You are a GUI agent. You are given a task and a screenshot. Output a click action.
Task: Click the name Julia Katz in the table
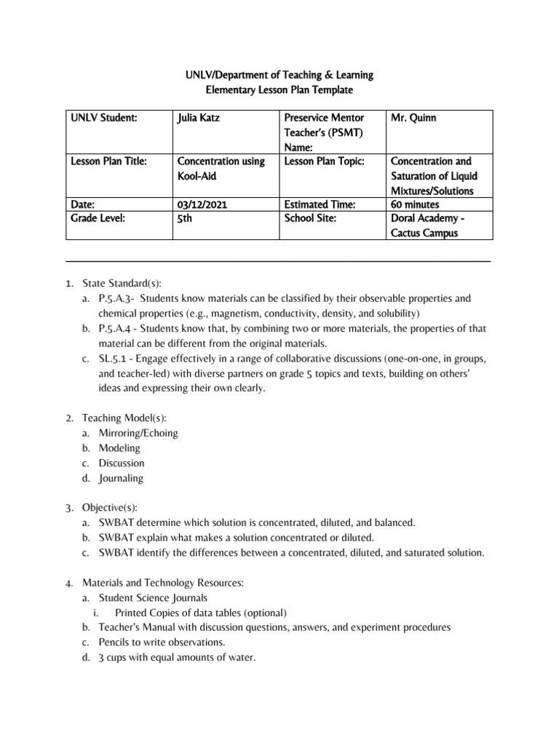(199, 117)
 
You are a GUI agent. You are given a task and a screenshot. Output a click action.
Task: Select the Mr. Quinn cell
(414, 117)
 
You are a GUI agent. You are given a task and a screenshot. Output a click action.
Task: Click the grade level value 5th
(185, 218)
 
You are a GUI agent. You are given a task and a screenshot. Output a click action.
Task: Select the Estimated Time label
(319, 205)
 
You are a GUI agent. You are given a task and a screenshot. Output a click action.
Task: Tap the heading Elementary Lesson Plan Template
(278, 89)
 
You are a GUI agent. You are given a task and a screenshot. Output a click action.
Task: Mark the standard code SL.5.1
(113, 359)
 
